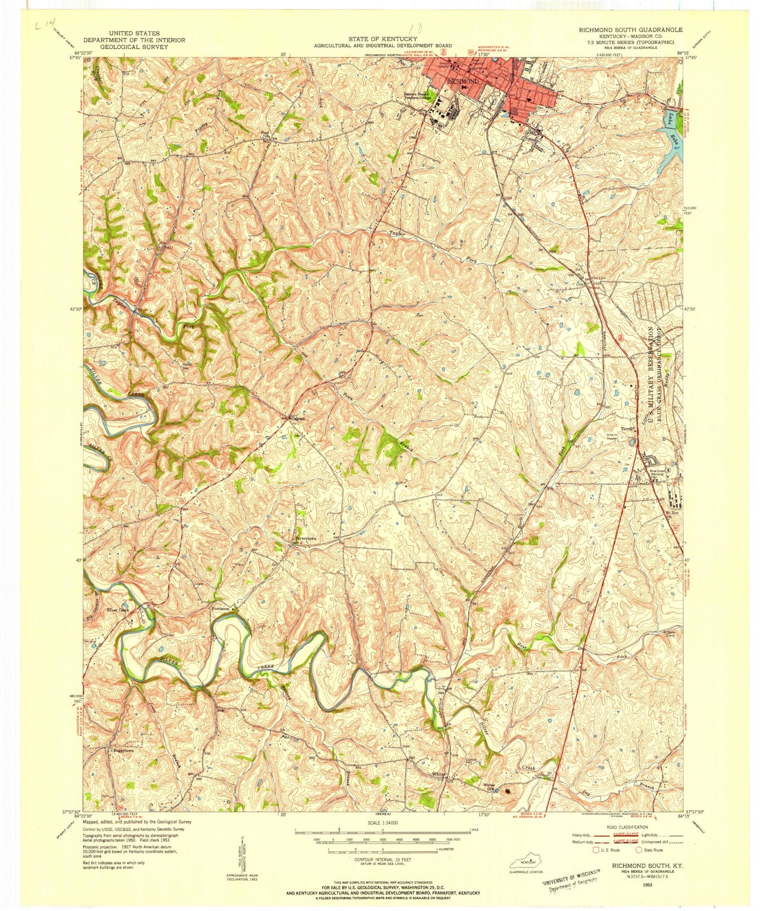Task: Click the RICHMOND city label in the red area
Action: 463,82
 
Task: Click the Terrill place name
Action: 628,429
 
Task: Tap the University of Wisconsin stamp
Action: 571,880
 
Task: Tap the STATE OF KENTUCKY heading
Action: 382,39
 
